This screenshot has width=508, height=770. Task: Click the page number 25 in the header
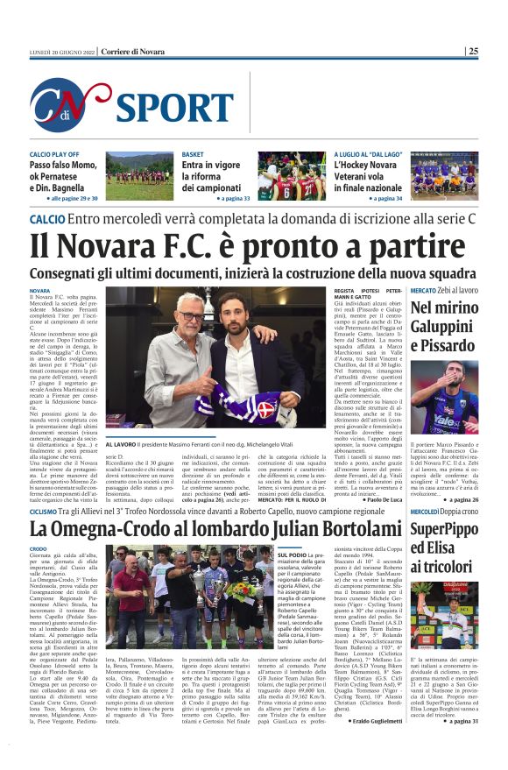[x=473, y=52]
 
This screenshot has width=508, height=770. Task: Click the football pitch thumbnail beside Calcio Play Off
[x=138, y=176]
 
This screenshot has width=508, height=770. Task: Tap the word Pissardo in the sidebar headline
[x=443, y=347]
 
